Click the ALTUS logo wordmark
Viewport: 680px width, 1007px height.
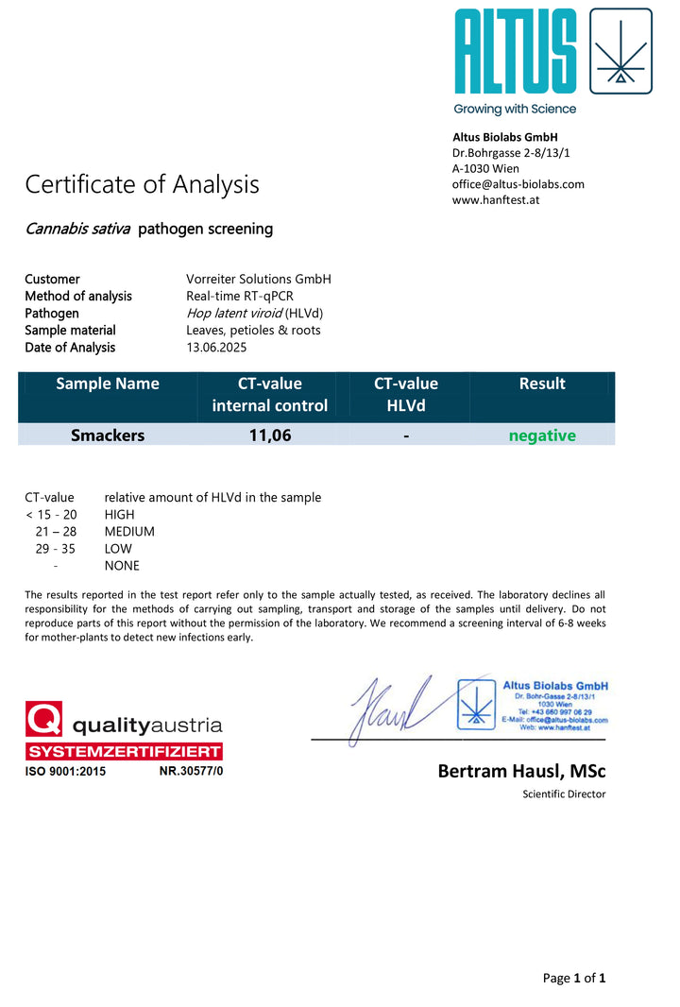pyautogui.click(x=515, y=51)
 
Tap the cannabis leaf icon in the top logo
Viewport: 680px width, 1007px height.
pyautogui.click(x=620, y=51)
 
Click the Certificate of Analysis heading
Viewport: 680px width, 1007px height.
pyautogui.click(x=142, y=184)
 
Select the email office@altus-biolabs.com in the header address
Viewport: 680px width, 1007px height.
pyautogui.click(x=518, y=184)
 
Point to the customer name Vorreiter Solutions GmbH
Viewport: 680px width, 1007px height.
pyautogui.click(x=259, y=280)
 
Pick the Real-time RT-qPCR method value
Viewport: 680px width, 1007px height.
pyautogui.click(x=240, y=297)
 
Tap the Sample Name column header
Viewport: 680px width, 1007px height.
pyautogui.click(x=108, y=384)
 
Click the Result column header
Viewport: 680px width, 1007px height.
pyautogui.click(x=542, y=384)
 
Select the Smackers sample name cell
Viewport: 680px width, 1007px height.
pyautogui.click(x=108, y=435)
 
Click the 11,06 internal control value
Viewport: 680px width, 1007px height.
pyautogui.click(x=269, y=435)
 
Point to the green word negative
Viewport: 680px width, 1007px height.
pyautogui.click(x=542, y=435)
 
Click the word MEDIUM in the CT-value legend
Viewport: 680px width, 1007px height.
pyautogui.click(x=129, y=532)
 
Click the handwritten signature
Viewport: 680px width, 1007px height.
pyautogui.click(x=389, y=708)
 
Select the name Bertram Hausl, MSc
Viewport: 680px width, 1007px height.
pyautogui.click(x=521, y=772)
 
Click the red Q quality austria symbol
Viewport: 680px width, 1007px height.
pyautogui.click(x=43, y=720)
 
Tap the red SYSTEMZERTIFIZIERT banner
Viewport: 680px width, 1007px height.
pyautogui.click(x=124, y=752)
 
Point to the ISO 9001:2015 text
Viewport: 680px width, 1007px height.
pyautogui.click(x=65, y=772)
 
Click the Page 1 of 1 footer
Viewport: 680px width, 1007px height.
pyautogui.click(x=573, y=979)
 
